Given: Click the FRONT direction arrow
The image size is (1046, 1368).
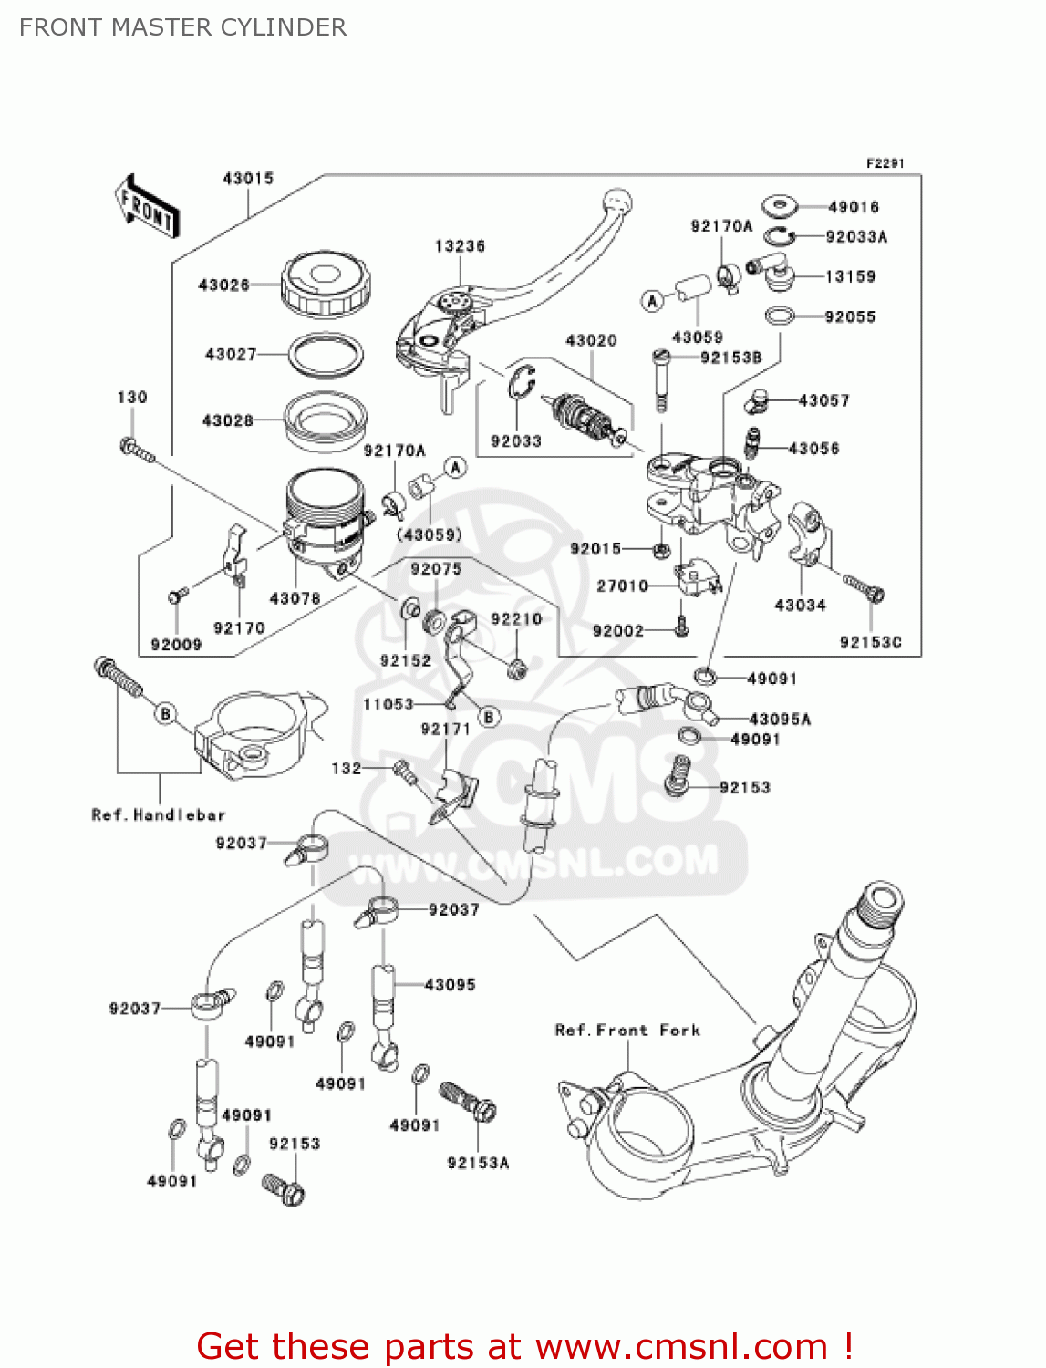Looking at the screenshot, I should (x=146, y=207).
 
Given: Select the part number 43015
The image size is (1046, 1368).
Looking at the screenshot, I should (x=248, y=179).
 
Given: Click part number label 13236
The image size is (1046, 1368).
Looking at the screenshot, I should (x=460, y=246).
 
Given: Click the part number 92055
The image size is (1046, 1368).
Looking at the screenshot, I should (x=849, y=316).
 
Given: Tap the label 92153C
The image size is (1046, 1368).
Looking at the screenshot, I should (x=870, y=642).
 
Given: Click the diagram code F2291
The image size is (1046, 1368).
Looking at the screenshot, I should (x=885, y=163).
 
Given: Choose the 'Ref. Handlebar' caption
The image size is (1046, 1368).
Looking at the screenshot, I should (x=158, y=814).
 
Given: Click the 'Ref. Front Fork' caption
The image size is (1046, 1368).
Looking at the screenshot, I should (x=627, y=1030).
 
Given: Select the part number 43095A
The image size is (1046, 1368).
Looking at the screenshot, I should (x=780, y=719).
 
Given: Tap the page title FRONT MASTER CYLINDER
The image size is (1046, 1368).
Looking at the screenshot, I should (x=182, y=27).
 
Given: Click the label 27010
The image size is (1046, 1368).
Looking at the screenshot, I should (x=622, y=586).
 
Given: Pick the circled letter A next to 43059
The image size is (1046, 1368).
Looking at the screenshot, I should (x=652, y=300).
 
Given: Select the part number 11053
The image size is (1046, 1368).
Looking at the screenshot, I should (x=388, y=704).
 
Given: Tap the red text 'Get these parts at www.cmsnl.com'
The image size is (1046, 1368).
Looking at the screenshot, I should (x=524, y=1346).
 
